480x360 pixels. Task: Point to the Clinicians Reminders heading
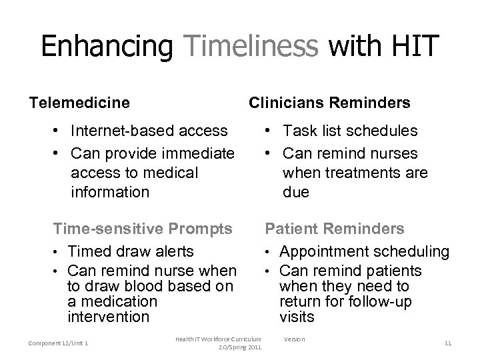click(329, 103)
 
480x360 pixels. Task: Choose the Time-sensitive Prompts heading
click(143, 229)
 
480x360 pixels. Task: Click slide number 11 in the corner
click(447, 343)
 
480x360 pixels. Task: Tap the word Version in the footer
click(294, 339)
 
